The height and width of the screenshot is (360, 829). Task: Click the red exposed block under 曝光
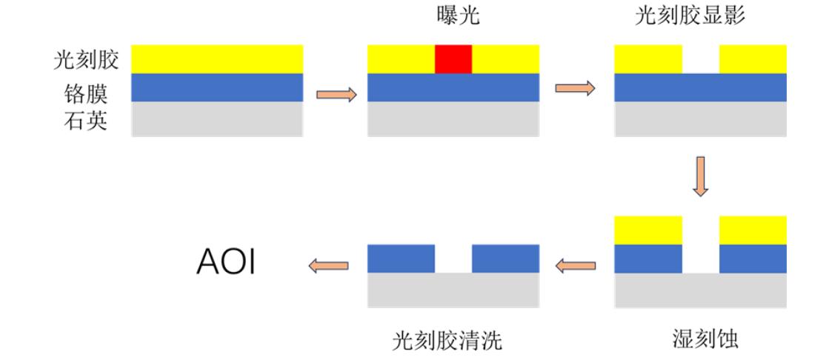coord(453,59)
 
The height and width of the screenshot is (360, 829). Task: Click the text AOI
coord(226,263)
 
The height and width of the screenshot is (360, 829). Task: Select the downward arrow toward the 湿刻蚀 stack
coord(700,176)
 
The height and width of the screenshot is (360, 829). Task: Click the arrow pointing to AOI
coord(328,264)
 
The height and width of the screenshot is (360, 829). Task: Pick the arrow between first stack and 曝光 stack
coord(336,94)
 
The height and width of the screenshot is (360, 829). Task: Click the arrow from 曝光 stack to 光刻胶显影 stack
coord(575,87)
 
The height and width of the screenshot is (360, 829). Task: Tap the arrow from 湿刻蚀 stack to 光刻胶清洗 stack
coord(576,264)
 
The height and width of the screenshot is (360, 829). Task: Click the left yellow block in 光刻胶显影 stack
coord(647,59)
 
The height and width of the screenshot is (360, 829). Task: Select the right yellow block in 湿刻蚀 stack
coord(753,230)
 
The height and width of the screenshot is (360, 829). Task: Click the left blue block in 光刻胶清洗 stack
coord(401,258)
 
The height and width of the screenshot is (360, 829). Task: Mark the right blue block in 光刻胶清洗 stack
coord(505,258)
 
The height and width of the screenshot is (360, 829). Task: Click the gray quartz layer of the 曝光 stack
coord(453,119)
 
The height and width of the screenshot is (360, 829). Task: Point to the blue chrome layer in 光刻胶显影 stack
coord(700,87)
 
